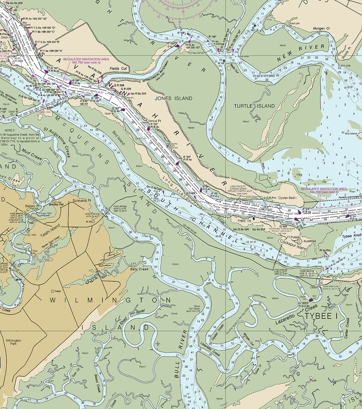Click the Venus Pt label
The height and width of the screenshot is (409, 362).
(155, 121)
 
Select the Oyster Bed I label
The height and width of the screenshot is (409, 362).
(287, 198)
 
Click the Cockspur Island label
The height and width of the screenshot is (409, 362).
(295, 247)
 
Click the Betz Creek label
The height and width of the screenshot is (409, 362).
(140, 269)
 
